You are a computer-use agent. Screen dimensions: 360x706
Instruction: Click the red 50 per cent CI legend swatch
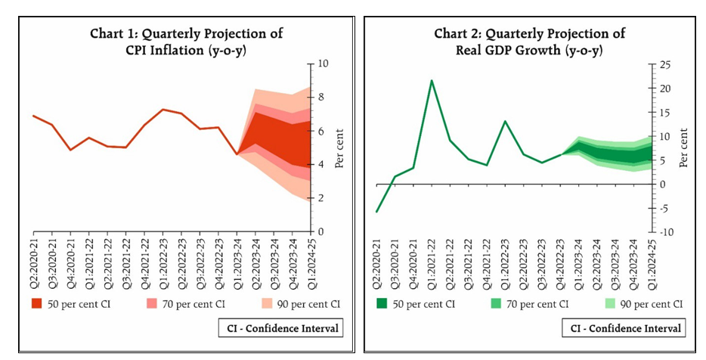point(37,303)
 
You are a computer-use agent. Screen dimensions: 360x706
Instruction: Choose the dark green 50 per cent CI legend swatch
point(383,303)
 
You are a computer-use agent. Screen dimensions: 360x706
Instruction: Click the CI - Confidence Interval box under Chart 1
point(280,328)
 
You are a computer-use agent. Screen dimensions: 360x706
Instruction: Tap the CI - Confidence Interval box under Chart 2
point(624,328)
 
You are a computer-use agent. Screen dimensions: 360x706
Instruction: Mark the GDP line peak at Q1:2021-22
point(431,80)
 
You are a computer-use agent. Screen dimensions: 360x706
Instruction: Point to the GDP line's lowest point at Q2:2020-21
point(376,212)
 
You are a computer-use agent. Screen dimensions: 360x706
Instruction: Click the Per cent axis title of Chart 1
point(339,147)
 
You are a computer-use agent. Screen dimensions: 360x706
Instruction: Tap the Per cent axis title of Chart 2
point(684,147)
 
